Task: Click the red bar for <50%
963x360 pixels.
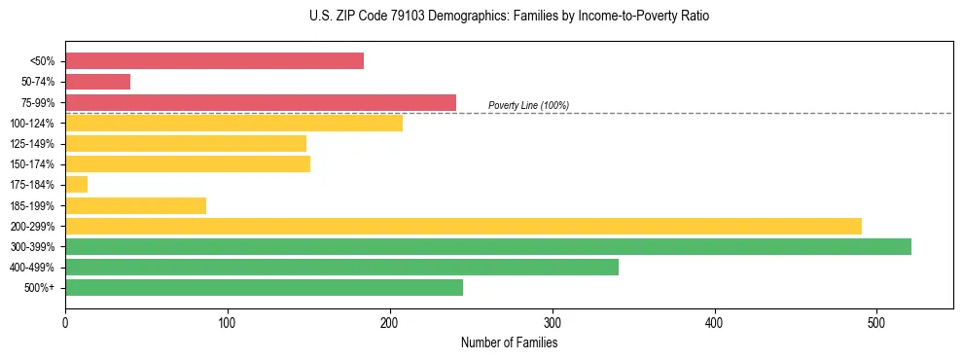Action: [x=214, y=61]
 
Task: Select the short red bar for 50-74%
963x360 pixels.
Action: [x=97, y=82]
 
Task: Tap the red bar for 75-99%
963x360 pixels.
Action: [x=261, y=102]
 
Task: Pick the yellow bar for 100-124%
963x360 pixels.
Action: [x=233, y=123]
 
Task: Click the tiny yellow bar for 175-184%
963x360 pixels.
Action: [x=76, y=184]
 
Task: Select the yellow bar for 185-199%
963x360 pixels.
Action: [x=135, y=205]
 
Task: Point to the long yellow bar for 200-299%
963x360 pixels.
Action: [x=463, y=226]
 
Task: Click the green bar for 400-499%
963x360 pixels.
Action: [x=341, y=267]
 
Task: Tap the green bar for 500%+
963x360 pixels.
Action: [x=264, y=287]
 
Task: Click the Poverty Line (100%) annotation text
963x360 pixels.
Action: [x=528, y=105]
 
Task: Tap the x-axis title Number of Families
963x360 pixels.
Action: [x=509, y=342]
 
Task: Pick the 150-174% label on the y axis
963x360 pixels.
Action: [x=32, y=164]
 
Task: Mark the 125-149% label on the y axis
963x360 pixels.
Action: [x=32, y=144]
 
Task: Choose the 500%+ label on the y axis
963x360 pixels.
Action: [x=38, y=288]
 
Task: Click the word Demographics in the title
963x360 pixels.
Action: [x=450, y=17]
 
